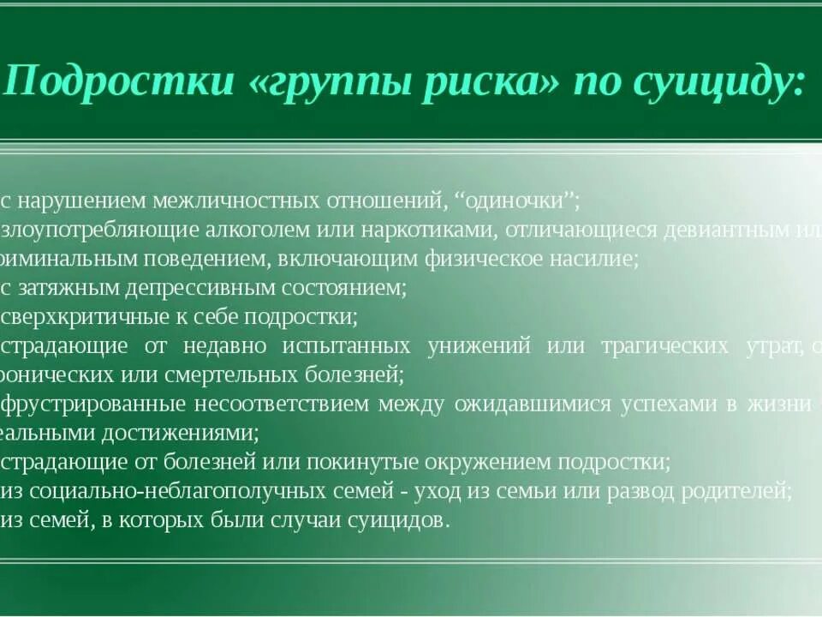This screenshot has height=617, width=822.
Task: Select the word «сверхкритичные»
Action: [68, 317]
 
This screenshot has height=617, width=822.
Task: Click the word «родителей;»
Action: [731, 491]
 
